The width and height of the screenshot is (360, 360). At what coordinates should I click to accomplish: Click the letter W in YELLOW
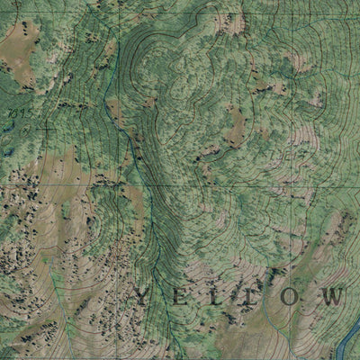[x=332, y=296]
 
